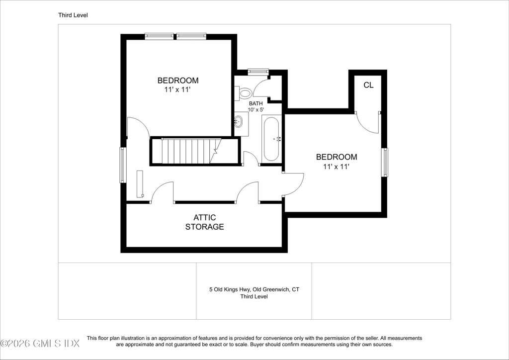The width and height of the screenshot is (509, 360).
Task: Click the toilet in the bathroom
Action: click(244, 93)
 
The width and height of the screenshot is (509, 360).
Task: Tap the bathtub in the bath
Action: click(271, 139)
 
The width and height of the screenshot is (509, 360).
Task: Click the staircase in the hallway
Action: click(191, 151)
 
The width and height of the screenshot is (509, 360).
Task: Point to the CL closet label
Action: click(368, 85)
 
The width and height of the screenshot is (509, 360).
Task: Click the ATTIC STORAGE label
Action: click(204, 222)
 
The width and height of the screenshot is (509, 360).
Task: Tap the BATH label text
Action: click(256, 103)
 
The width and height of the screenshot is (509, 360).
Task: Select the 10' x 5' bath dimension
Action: click(256, 110)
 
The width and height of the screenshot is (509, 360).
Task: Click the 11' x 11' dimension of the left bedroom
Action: click(177, 90)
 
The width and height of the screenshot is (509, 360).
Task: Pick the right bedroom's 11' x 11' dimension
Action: click(337, 167)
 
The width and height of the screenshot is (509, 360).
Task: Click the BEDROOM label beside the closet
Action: click(337, 157)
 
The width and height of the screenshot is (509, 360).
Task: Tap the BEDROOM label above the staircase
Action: click(178, 80)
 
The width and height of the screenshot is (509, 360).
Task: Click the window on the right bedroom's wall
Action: click(384, 162)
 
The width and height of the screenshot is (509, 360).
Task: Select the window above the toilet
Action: click(258, 72)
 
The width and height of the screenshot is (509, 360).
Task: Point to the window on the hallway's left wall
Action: click(123, 165)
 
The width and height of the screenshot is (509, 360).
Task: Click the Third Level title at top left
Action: click(73, 15)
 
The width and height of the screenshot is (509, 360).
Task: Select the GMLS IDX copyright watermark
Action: click(40, 344)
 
